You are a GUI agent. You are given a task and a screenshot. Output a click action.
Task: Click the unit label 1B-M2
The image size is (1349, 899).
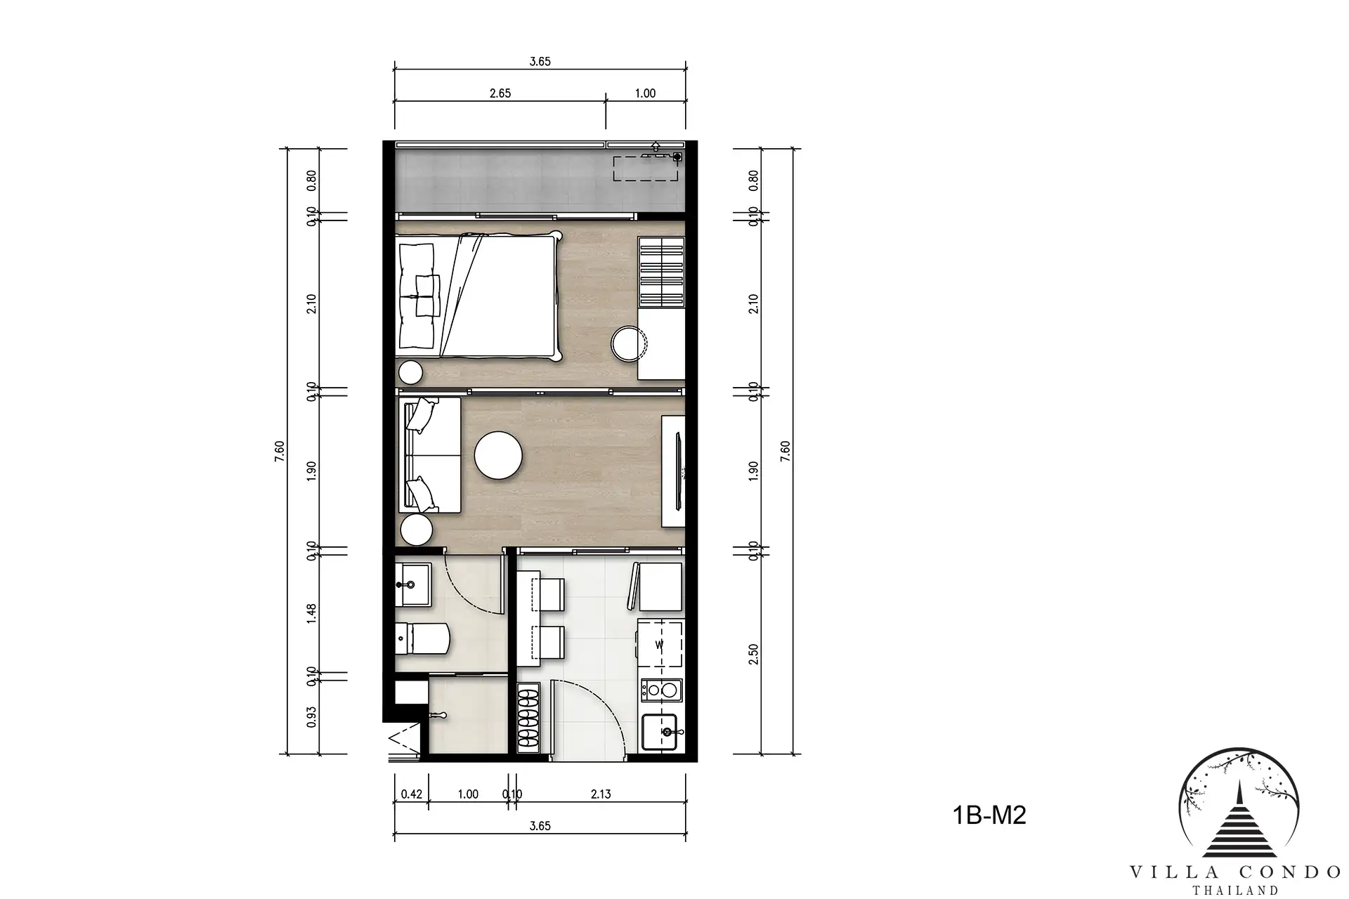[x=989, y=815]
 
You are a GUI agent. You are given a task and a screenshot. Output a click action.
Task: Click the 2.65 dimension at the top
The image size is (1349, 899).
[x=500, y=93]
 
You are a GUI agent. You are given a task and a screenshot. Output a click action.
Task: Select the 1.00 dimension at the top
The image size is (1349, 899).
[x=645, y=93]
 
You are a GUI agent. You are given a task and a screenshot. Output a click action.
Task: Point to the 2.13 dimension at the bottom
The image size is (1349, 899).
[x=601, y=794]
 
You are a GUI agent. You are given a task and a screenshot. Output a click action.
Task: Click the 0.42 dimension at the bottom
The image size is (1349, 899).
[x=412, y=794]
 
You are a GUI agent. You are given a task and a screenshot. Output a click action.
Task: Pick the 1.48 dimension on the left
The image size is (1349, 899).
[x=312, y=612]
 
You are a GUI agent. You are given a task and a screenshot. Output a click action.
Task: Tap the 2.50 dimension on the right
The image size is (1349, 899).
[x=753, y=655]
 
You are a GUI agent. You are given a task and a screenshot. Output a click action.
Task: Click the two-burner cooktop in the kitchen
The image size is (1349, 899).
[x=661, y=690]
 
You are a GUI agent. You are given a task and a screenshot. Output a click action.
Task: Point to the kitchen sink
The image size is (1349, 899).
[x=660, y=733]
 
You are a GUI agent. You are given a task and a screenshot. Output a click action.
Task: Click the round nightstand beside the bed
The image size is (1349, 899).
[x=410, y=372]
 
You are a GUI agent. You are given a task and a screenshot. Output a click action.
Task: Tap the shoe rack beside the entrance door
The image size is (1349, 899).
[x=528, y=720]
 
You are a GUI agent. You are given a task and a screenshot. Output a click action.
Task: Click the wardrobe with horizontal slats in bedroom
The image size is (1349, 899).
[x=661, y=273]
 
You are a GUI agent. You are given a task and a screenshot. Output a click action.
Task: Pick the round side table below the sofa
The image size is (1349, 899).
[x=415, y=530]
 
